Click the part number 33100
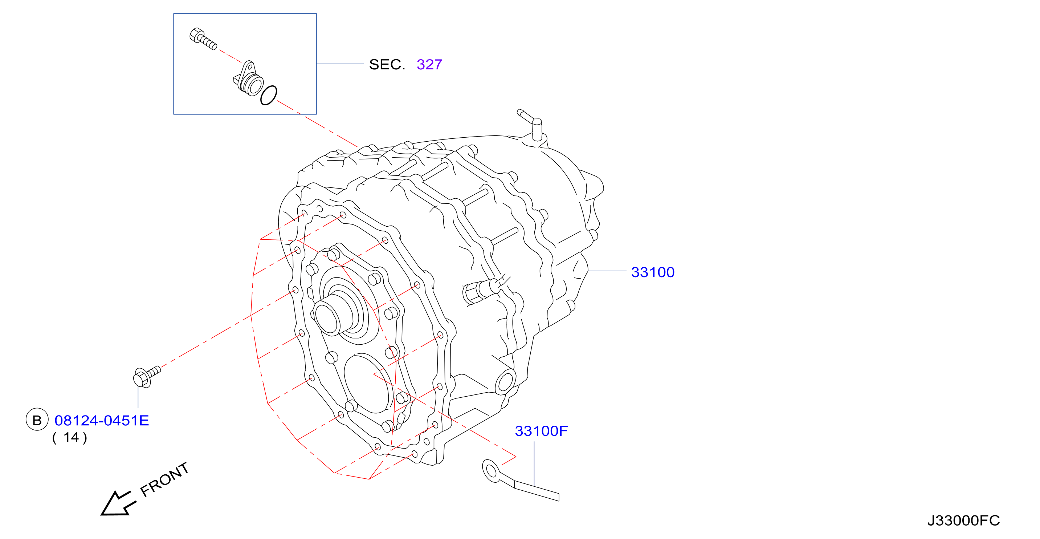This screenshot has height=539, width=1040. [x=652, y=272]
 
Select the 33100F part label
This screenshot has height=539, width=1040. [x=541, y=431]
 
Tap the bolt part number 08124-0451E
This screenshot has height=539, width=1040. [x=102, y=421]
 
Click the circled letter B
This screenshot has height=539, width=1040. [x=37, y=420]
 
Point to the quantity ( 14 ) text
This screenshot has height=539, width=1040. [x=70, y=438]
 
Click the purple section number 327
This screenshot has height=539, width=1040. [x=429, y=65]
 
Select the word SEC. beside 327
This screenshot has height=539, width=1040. [x=387, y=65]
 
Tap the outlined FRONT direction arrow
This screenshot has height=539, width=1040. [x=118, y=504]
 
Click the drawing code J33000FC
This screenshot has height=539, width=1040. [x=963, y=520]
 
